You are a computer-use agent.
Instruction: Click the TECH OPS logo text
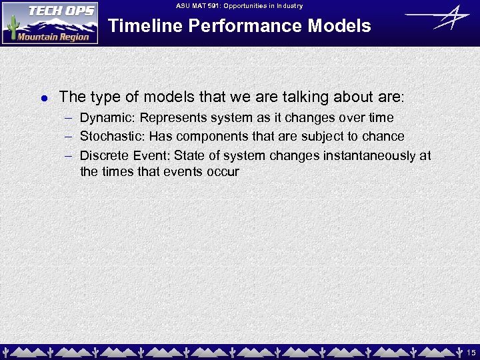click(x=52, y=12)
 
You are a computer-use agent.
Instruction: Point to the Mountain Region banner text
click(x=53, y=37)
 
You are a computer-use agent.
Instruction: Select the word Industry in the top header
click(x=290, y=6)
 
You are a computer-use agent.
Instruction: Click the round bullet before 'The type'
click(x=43, y=98)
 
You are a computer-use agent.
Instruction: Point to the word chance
click(x=383, y=137)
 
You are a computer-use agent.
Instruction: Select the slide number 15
click(x=471, y=352)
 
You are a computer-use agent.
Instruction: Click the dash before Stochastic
click(x=69, y=137)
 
